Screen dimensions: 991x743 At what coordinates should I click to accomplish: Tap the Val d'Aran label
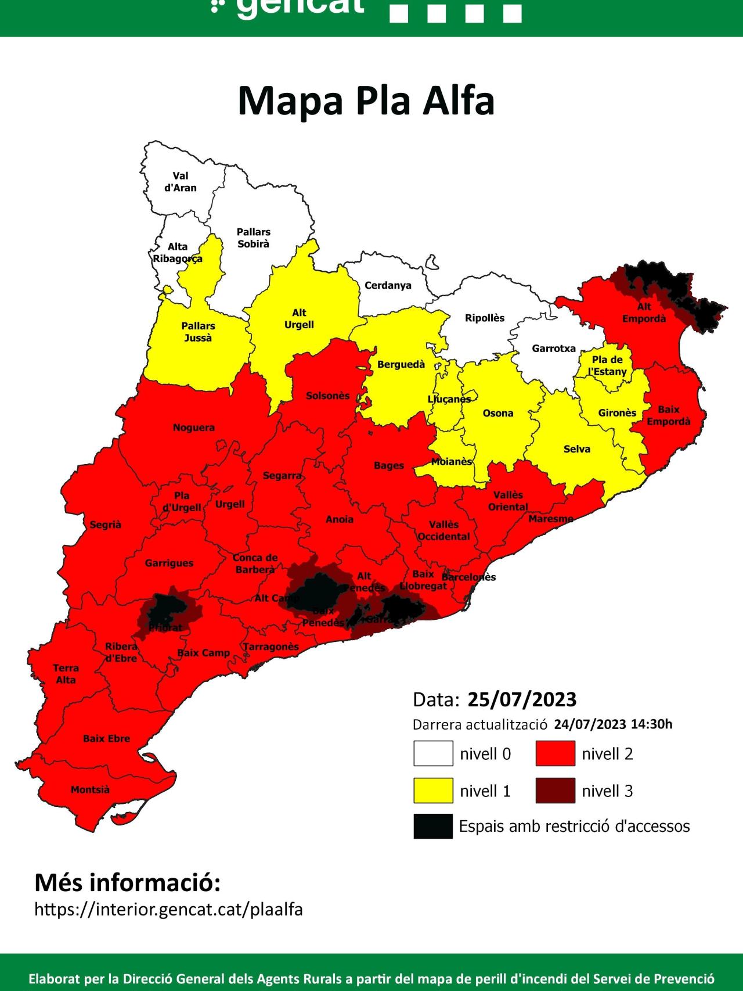[181, 182]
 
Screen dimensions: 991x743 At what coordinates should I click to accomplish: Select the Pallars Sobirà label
[254, 238]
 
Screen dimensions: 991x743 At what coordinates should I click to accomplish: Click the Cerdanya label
[388, 286]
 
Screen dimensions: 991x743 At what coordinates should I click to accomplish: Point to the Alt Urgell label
[299, 319]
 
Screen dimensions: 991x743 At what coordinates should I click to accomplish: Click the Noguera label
[194, 428]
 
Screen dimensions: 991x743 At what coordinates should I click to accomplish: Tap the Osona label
[498, 414]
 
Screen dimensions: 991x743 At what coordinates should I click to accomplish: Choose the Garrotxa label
[554, 349]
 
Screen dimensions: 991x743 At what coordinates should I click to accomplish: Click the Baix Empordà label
[669, 416]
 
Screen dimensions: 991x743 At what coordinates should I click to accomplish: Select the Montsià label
[90, 790]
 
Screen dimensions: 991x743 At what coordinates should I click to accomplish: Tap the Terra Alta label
[66, 674]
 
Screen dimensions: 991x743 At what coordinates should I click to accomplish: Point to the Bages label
[389, 466]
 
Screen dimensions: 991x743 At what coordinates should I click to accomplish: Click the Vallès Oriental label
[508, 501]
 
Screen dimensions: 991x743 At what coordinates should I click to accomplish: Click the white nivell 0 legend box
[433, 754]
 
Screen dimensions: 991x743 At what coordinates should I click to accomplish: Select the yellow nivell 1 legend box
[433, 791]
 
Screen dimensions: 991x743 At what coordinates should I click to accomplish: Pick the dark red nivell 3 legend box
[556, 791]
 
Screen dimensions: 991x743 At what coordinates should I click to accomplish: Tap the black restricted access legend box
[433, 826]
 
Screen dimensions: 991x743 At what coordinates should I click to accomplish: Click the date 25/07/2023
[522, 699]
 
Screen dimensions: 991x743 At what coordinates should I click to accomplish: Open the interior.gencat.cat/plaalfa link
[169, 909]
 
